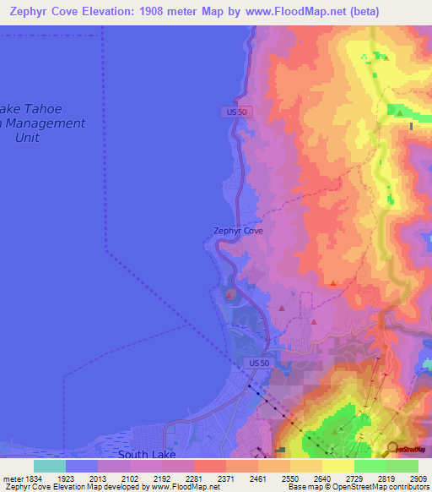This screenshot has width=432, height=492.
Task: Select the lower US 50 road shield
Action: [259, 363]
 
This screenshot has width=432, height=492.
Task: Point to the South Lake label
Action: [147, 454]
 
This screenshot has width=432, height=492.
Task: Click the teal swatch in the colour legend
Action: [50, 466]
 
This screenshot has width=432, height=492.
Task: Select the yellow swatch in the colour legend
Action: [338, 466]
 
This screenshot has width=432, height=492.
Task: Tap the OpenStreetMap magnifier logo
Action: [392, 449]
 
